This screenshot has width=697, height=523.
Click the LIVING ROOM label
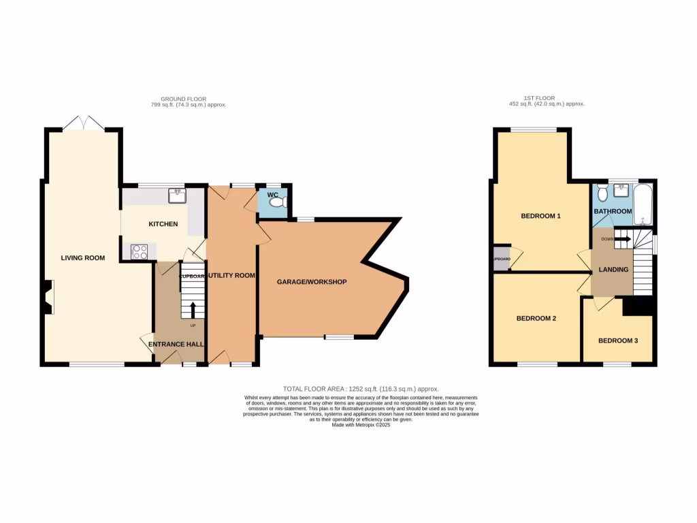[83, 258]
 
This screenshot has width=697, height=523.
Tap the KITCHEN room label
[163, 224]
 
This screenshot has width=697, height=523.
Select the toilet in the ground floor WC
[282, 204]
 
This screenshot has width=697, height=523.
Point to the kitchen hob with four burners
[140, 251]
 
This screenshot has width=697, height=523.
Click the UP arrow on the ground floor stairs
[193, 310]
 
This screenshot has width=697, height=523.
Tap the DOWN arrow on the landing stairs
[621, 239]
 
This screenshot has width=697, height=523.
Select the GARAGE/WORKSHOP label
[312, 282]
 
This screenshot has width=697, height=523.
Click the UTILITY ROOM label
[231, 276]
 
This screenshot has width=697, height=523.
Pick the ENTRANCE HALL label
[176, 345]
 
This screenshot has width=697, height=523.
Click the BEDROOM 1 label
[540, 217]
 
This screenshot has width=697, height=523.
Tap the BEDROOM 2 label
[536, 318]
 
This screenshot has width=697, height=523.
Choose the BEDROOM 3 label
[617, 340]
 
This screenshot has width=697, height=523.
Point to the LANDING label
[613, 270]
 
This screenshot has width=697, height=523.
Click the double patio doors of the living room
[84, 123]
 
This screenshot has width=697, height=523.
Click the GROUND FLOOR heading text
[188, 99]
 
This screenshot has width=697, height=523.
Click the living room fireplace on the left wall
[48, 298]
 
